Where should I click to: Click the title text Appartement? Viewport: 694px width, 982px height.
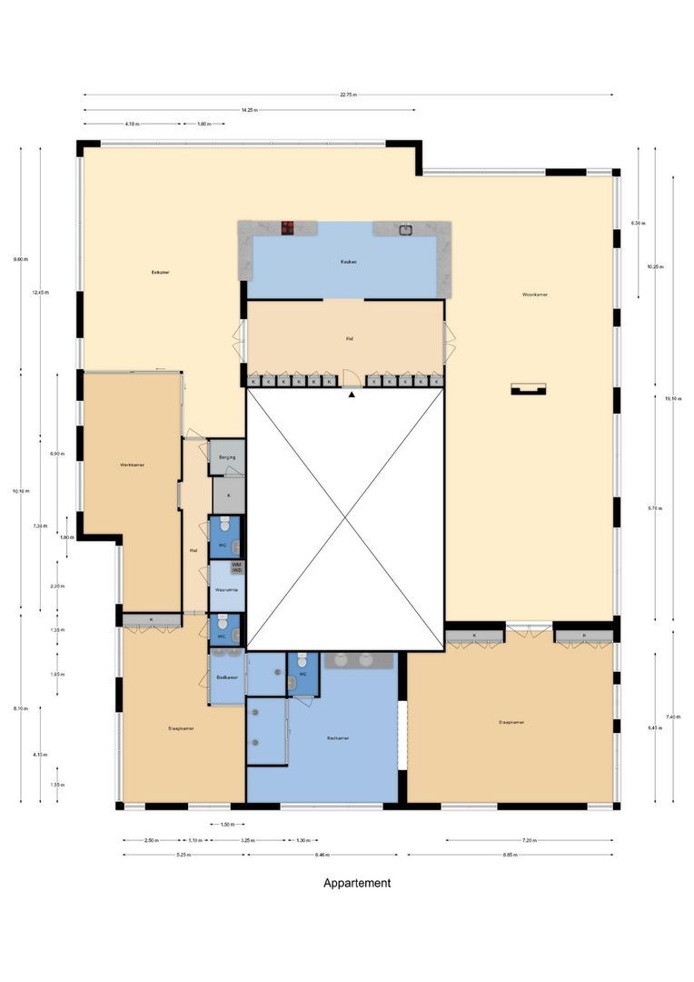pos(357,883)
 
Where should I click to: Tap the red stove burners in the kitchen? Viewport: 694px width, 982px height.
pos(288,227)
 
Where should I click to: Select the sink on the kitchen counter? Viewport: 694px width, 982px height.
pos(404,227)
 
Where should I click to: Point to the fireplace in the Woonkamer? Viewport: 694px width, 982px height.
pos(528,389)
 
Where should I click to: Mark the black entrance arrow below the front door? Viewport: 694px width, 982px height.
pos(352,394)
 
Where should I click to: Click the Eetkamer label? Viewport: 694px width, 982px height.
pos(161,272)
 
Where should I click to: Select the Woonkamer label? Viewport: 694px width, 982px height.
pos(534,295)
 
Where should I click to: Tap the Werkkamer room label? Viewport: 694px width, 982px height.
pos(132,465)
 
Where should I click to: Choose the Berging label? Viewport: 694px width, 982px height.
pos(227,457)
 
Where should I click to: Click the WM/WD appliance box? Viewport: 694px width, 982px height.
pos(237,566)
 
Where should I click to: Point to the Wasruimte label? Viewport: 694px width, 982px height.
pos(225,590)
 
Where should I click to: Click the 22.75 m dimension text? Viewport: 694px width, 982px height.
pos(349,94)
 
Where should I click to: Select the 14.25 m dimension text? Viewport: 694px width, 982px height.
pos(249,110)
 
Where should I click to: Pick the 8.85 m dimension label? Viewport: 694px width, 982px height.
pos(510,855)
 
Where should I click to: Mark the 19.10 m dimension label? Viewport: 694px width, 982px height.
pos(672,398)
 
